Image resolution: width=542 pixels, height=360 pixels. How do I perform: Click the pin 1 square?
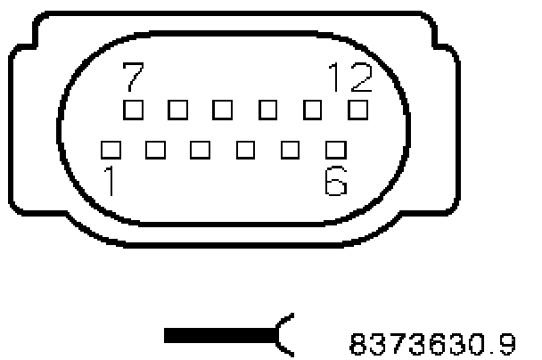click(111, 147)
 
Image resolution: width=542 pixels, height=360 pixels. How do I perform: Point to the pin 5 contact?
click(290, 147)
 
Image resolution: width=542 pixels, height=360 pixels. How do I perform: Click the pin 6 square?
click(335, 147)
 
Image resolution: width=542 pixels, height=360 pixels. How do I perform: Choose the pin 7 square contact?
click(134, 110)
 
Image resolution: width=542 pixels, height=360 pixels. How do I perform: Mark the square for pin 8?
click(178, 110)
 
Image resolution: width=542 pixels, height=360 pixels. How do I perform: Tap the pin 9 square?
click(223, 110)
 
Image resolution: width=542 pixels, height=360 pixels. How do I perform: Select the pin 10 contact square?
click(267, 110)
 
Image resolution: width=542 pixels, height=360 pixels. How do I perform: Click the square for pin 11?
click(313, 110)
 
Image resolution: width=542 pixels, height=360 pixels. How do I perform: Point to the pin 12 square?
click(357, 110)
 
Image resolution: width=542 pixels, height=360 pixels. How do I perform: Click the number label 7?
click(131, 79)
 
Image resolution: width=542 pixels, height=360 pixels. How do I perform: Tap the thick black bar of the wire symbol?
click(219, 335)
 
